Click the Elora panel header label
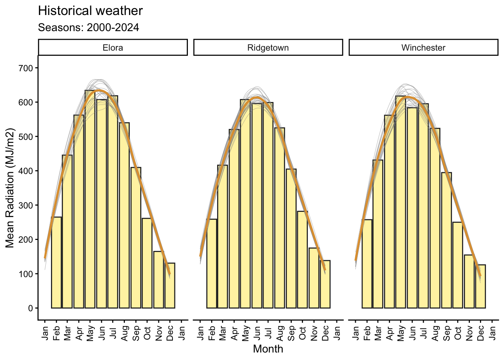tap(113, 48)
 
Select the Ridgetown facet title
tap(268, 48)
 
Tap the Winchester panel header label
tap(423, 48)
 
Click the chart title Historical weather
tap(90, 11)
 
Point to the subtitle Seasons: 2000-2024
tap(88, 27)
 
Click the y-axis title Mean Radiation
tap(10, 188)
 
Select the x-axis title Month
tap(268, 349)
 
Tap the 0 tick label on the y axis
tap(31, 308)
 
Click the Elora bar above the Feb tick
tap(56, 262)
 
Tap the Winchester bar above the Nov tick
tap(469, 282)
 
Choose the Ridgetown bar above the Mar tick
tap(223, 236)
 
